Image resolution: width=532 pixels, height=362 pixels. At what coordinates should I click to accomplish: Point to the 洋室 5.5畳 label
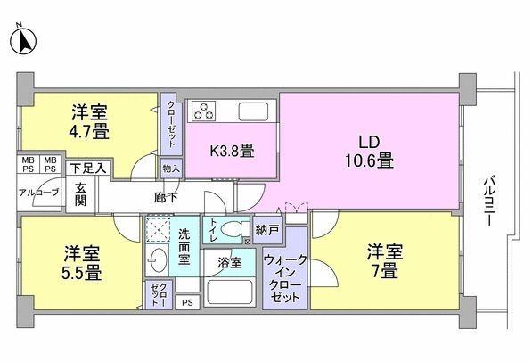(x=80, y=260)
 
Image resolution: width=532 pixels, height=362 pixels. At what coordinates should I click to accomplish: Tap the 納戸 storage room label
(x=266, y=228)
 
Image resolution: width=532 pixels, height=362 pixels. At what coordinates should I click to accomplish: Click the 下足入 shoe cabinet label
(x=88, y=168)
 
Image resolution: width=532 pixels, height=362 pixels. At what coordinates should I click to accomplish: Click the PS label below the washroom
(x=187, y=303)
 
